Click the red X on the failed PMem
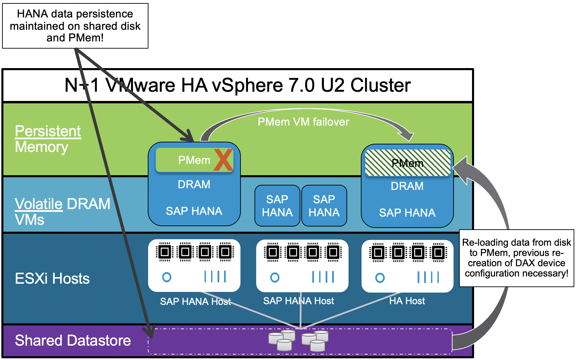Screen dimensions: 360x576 [x=223, y=160]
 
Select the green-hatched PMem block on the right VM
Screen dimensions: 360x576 [x=408, y=163]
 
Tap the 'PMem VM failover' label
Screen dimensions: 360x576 [x=303, y=122]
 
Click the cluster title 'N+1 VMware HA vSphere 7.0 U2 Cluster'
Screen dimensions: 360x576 [x=237, y=85]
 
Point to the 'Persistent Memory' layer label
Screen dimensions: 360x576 [x=48, y=139]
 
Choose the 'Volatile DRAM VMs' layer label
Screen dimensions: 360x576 [x=62, y=211]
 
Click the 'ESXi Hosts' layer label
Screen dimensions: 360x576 [x=52, y=279]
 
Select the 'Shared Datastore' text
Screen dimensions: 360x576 [x=73, y=340]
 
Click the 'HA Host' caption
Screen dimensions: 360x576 [x=407, y=301]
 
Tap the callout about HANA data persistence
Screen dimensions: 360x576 [x=75, y=26]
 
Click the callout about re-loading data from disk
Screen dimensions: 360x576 [x=516, y=258]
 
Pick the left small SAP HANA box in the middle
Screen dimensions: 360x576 [x=277, y=206]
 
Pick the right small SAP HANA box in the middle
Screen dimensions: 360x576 [x=324, y=206]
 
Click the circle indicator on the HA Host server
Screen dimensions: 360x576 [x=380, y=278]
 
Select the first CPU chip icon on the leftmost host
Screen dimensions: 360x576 [x=165, y=252]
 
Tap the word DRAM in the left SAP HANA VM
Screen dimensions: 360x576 [x=194, y=184]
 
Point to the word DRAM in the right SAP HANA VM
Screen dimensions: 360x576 [x=407, y=186]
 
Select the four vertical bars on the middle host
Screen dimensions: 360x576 [x=323, y=277]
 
